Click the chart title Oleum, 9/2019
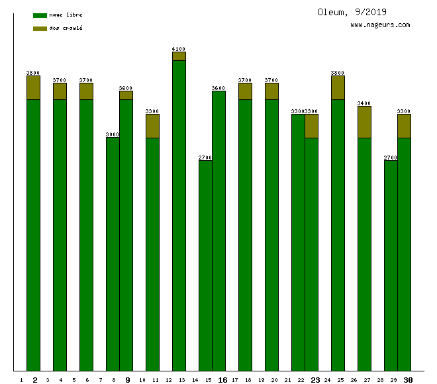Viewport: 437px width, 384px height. [x=352, y=12]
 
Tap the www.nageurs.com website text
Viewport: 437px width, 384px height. [x=380, y=25]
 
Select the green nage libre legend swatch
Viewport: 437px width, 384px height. [x=40, y=15]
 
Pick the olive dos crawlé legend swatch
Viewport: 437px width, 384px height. [x=40, y=28]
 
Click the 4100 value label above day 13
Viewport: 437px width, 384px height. [x=179, y=49]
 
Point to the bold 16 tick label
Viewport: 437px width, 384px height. [x=222, y=380]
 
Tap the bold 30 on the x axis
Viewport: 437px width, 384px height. [x=409, y=380]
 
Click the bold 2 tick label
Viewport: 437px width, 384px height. [x=34, y=380]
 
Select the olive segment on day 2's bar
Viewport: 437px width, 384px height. [x=34, y=87]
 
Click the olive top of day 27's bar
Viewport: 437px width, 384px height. [x=364, y=122]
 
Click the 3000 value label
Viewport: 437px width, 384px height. [x=113, y=134]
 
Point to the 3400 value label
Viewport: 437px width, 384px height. [x=364, y=103]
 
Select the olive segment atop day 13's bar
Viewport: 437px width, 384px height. [x=179, y=56]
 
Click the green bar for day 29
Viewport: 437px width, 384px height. [x=391, y=265]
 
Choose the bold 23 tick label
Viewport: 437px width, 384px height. [x=315, y=380]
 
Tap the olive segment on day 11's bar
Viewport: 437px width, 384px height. [x=153, y=126]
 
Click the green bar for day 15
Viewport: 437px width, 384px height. [x=205, y=265]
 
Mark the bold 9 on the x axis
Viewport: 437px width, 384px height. [x=128, y=380]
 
